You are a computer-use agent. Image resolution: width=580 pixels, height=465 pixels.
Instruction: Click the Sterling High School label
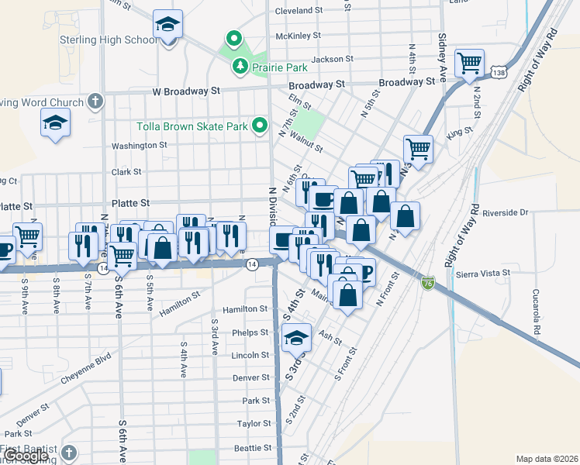[119, 40]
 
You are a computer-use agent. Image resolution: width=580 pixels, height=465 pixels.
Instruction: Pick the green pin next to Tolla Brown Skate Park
[261, 125]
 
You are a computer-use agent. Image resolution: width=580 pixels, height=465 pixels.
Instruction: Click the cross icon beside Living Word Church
[95, 101]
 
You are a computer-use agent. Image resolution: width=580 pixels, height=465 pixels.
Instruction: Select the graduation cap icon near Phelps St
[295, 337]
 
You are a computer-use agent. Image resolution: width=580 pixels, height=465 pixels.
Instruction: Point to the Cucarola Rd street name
[536, 314]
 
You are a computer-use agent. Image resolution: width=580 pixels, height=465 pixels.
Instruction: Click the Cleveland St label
[299, 11]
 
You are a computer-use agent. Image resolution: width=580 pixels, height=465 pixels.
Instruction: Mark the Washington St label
[139, 145]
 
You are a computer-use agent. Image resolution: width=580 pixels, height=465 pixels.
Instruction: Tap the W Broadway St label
[186, 91]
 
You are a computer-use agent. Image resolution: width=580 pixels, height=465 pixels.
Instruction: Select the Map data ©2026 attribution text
[547, 459]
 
